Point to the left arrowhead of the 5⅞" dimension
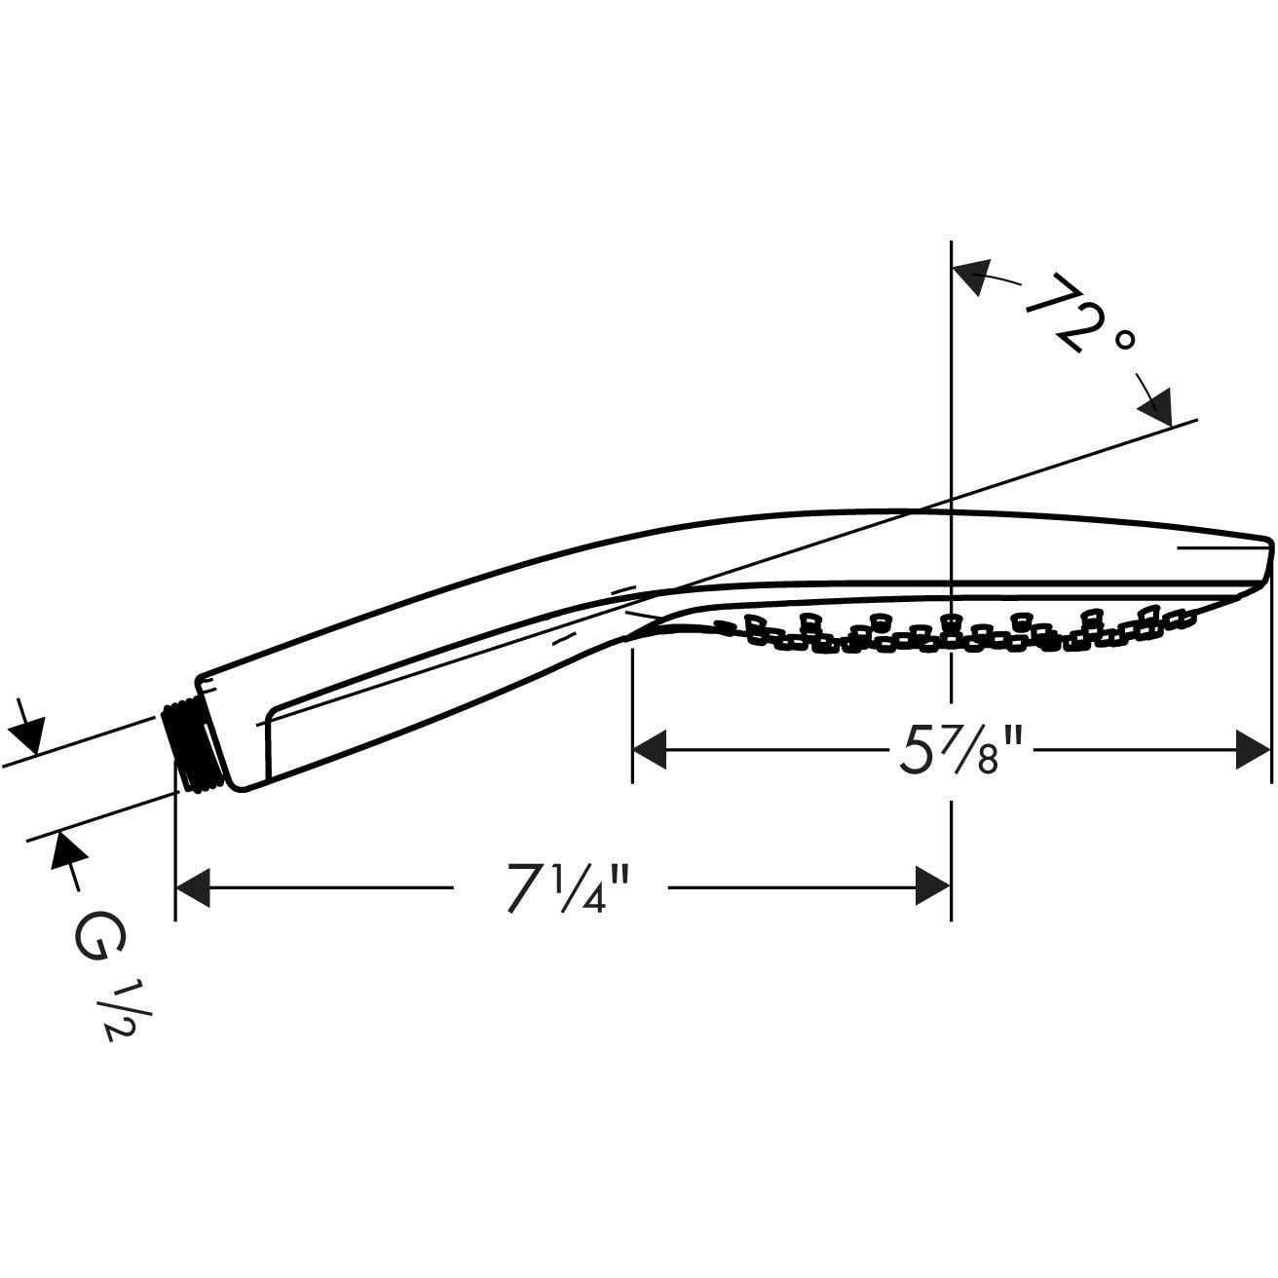pos(651,751)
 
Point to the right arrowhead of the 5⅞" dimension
pos(1254,751)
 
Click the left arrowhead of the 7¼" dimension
pos(193,887)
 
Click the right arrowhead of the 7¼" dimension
pos(932,887)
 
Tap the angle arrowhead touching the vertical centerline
pos(971,275)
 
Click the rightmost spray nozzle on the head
pos(1181,615)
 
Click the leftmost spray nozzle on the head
pos(724,626)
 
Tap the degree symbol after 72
pos(1126,339)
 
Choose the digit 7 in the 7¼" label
pos(524,887)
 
